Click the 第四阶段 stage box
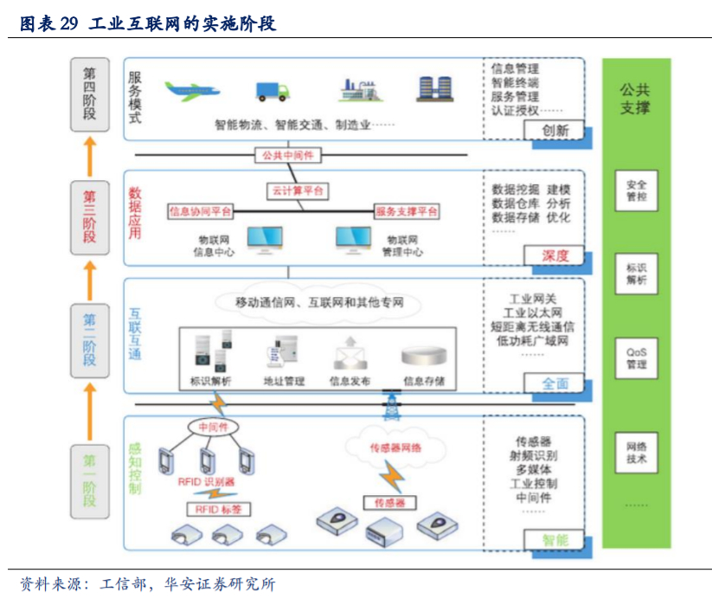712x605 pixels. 90,94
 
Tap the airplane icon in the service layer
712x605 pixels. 192,90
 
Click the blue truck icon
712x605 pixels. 272,90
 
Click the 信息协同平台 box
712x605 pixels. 200,211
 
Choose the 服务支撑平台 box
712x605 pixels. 406,211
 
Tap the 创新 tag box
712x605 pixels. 555,131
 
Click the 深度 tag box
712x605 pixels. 555,255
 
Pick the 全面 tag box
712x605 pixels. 555,383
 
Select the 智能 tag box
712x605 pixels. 555,540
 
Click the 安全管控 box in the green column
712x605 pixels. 636,190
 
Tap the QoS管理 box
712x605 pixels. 636,358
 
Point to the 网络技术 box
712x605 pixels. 636,452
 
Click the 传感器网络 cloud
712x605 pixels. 395,447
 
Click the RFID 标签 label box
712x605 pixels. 217,510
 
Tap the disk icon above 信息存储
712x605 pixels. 423,356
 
